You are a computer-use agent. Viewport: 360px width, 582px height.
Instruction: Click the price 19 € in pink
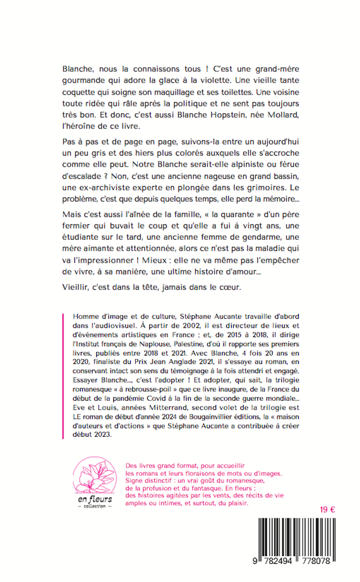pos(327,509)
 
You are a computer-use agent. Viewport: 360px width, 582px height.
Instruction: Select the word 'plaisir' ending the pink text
pos(235,505)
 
